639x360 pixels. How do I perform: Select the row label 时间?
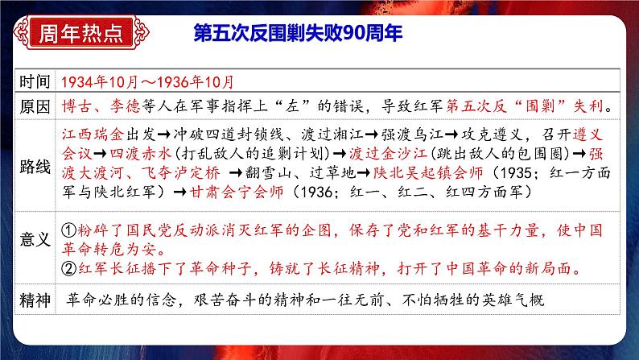[x=37, y=82]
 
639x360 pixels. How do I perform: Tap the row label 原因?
[x=37, y=106]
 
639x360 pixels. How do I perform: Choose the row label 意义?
[x=37, y=239]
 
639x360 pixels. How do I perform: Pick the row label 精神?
[x=37, y=300]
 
